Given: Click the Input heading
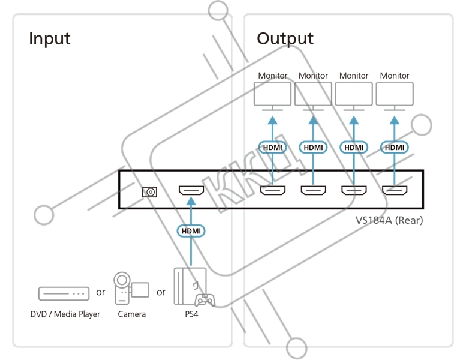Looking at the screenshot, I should point(50,38).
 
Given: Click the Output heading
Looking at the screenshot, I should point(285,38).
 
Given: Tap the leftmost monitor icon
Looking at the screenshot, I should point(273,95).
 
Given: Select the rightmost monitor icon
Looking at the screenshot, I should point(395,95).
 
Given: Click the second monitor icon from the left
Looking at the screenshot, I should point(313,95).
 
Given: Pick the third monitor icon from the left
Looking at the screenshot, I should point(354,95).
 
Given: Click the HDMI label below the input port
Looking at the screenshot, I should point(191,230).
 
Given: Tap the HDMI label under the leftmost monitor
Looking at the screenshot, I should point(273,147).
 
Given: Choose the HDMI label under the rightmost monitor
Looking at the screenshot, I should point(395,147).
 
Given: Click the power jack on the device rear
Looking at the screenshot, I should point(149,192).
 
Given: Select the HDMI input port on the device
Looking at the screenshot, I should point(191,191).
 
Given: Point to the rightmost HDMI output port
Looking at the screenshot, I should point(395,191).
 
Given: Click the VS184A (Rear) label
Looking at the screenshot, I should point(389,220).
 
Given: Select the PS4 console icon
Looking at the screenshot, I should point(192,287).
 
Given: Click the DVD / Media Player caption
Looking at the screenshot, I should point(65,314).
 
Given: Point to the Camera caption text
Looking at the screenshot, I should point(132,314).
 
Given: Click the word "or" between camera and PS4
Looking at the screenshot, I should point(161,292).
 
